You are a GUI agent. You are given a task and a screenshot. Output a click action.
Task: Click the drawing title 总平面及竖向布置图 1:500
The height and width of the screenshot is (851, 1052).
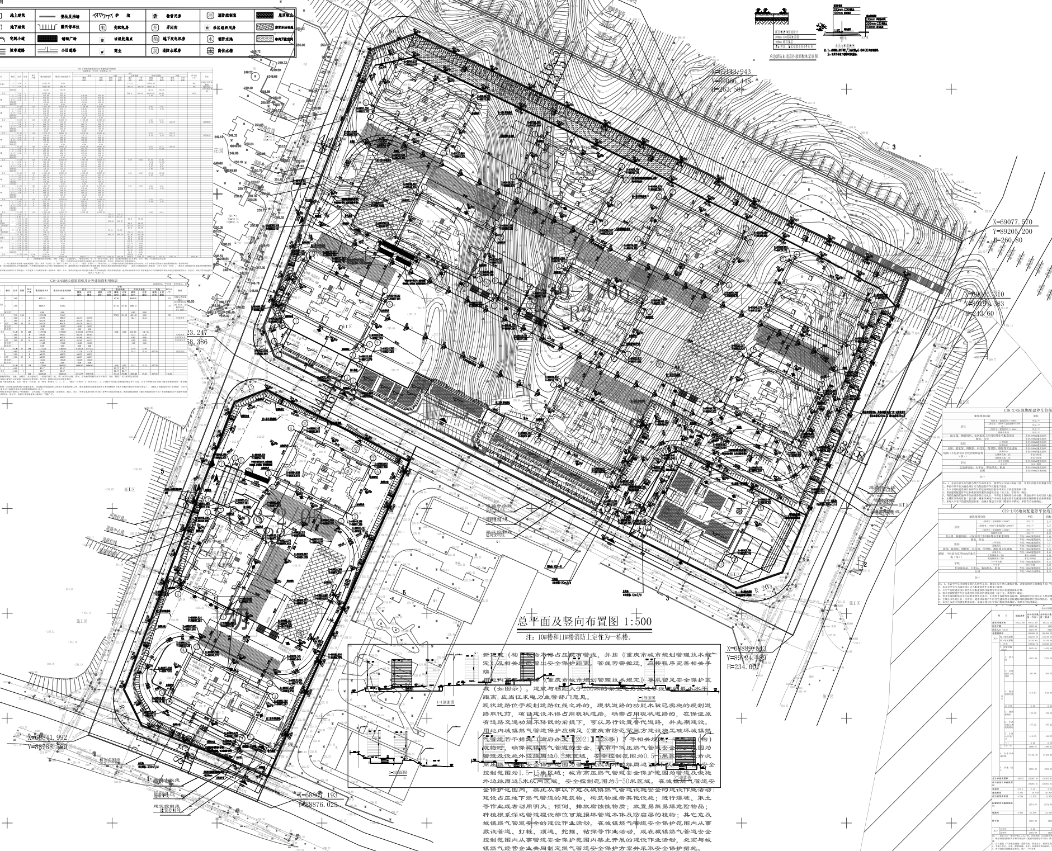click(x=584, y=622)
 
